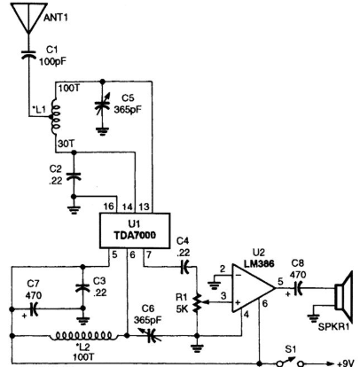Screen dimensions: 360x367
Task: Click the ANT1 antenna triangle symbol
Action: pos(29,17)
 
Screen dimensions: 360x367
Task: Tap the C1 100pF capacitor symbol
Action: pos(28,55)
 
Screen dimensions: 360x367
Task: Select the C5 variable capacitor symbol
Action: pos(102,105)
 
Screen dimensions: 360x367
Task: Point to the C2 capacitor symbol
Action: pos(74,176)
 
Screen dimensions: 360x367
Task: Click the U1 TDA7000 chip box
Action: pos(135,230)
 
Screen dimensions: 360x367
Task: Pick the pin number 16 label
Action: pos(108,207)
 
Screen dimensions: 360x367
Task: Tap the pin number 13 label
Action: pos(144,207)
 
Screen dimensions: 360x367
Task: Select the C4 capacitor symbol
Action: pos(184,267)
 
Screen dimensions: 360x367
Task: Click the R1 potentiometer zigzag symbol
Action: pos(198,303)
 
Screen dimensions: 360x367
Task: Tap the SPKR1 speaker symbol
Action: pos(344,297)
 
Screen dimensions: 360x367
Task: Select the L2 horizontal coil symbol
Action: pos(85,336)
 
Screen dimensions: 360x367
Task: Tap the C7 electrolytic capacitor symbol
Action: pos(34,308)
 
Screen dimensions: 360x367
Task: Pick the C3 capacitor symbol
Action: pos(83,287)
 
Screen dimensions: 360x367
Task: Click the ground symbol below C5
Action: pos(102,131)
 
